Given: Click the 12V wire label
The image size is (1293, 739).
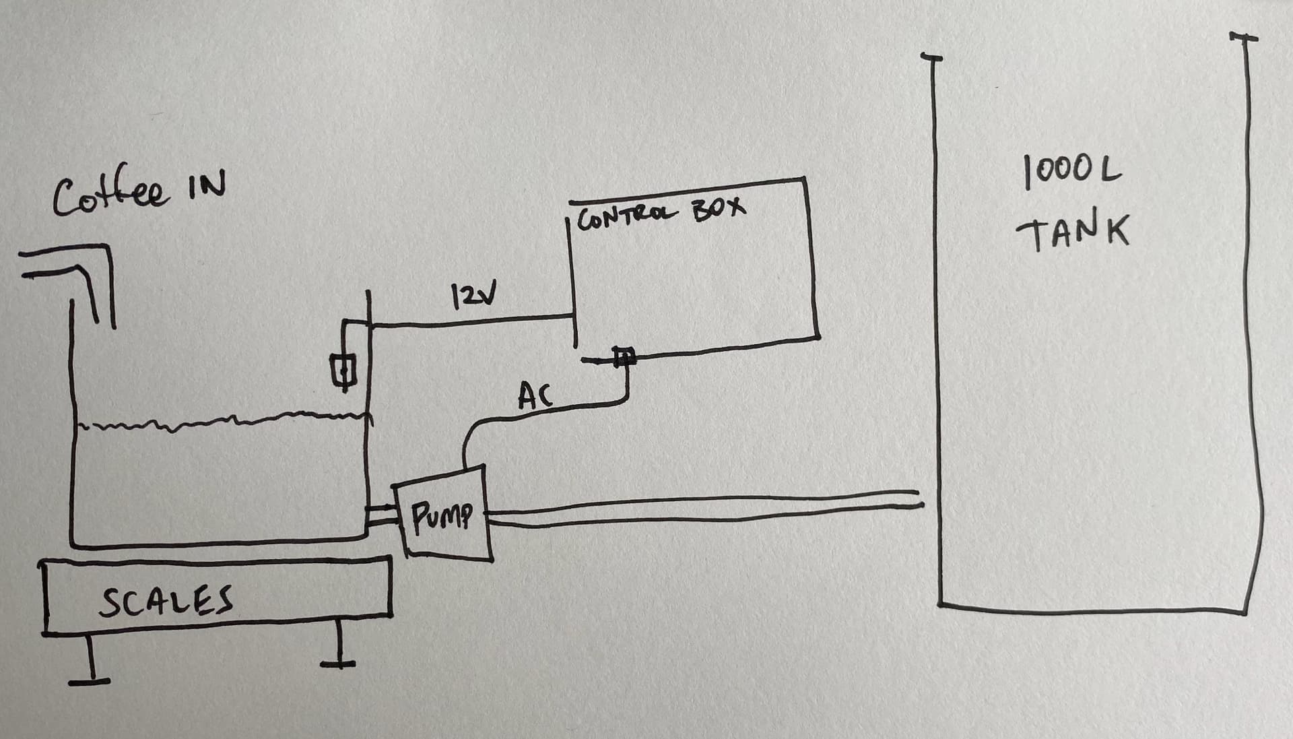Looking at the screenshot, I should (475, 294).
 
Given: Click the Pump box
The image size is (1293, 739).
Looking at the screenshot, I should (443, 515).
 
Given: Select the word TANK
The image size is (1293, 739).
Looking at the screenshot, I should (1072, 232).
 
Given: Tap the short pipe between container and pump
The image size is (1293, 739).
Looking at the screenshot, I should (383, 516).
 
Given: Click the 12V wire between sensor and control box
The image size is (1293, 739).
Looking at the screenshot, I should (471, 321).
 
